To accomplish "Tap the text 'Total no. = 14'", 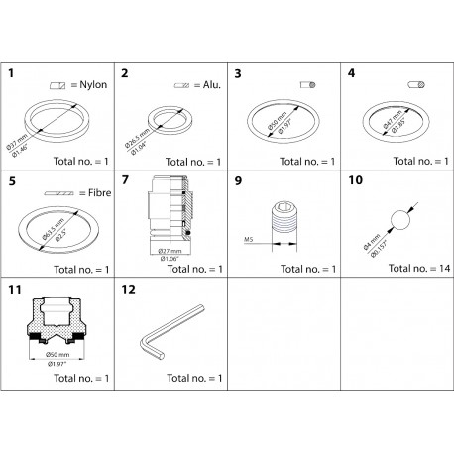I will pos(412,269).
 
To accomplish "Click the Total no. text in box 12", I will pos(190,378).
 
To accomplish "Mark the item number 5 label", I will pos(10,181).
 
